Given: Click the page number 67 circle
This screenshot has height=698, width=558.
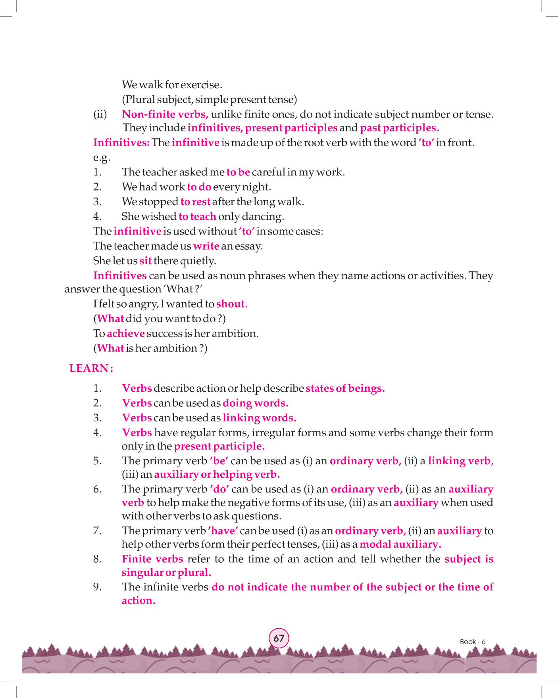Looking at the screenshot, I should point(279,638).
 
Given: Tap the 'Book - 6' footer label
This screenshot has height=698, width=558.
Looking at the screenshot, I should point(472,642).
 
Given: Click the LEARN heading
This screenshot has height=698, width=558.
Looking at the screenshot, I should point(91,368).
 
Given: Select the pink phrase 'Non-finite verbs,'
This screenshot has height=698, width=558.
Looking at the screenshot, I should point(165,114).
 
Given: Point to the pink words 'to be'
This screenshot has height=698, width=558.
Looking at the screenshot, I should point(238,172).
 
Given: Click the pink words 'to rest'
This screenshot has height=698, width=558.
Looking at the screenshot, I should point(195,202).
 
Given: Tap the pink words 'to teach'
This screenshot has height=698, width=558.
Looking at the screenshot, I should point(197,216).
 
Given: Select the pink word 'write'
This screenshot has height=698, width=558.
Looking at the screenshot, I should point(206,246).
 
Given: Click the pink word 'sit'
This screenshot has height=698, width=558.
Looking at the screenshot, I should point(145,261).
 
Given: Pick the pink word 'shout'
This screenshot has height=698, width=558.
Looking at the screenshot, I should point(230,304).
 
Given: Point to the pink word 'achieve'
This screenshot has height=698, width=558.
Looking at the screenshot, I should point(125,333).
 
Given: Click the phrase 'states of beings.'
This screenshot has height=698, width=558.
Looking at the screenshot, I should point(345,388).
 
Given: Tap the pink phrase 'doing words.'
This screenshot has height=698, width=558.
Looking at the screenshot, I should point(255,403).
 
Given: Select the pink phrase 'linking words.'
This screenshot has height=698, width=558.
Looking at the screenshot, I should point(259,418).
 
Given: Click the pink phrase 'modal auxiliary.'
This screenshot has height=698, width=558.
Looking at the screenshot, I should point(400,544).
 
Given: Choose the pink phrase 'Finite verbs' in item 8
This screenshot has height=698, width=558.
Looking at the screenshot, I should point(152,559).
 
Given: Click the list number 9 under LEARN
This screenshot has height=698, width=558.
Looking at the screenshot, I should point(97,587).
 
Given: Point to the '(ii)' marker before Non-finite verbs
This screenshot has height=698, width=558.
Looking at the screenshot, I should point(100,114).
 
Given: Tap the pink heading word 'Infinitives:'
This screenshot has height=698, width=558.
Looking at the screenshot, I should point(121,142).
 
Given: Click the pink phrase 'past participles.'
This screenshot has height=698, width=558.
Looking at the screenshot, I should point(399,128).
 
